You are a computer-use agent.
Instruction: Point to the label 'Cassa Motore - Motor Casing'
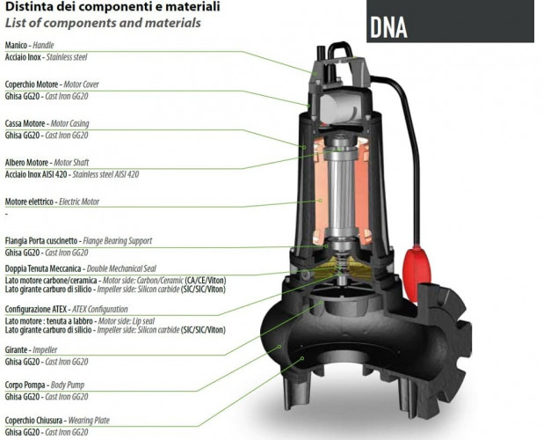(47, 123)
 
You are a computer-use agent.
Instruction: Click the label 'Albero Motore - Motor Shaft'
(53, 162)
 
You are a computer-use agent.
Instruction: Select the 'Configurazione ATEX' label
(66, 309)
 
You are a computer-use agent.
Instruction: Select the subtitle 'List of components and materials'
(103, 23)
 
